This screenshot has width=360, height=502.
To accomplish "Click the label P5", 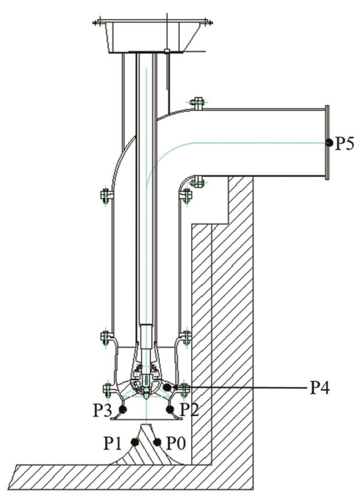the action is click(344, 143).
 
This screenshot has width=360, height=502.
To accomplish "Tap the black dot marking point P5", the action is click(329, 142).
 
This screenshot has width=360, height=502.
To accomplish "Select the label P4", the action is click(320, 387).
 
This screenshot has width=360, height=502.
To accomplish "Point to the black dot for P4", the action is click(167, 387).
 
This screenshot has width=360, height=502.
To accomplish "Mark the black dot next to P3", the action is click(122, 409).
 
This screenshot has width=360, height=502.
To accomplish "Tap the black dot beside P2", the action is click(169, 409).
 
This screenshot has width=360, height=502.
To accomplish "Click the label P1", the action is click(113, 443).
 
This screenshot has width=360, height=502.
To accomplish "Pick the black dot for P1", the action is click(135, 442).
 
